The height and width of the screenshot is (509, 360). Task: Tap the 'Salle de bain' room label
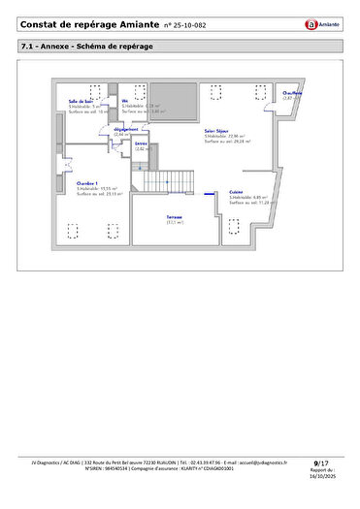[x=81, y=100]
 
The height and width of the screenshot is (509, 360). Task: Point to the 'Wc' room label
[x=125, y=100]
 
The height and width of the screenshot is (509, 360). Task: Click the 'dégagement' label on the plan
[x=125, y=129]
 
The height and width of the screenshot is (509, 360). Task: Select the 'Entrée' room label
[x=141, y=143]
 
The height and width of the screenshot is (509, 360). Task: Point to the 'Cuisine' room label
[x=237, y=192]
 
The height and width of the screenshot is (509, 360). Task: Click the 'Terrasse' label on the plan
[x=175, y=216]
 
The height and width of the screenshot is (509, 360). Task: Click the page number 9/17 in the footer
[x=321, y=464]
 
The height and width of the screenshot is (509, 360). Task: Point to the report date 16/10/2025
[x=320, y=477]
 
